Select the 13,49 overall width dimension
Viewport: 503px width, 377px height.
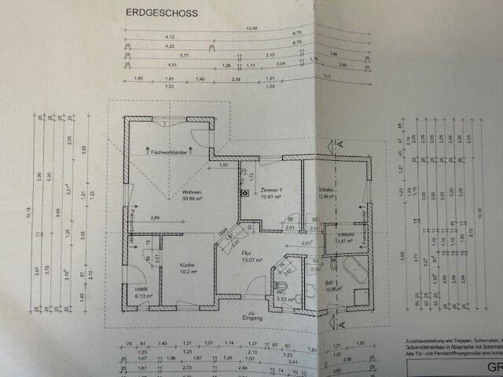(x=251, y=29)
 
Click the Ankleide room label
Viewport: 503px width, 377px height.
(x=345, y=235)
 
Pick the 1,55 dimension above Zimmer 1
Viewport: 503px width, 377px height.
(x=224, y=166)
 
